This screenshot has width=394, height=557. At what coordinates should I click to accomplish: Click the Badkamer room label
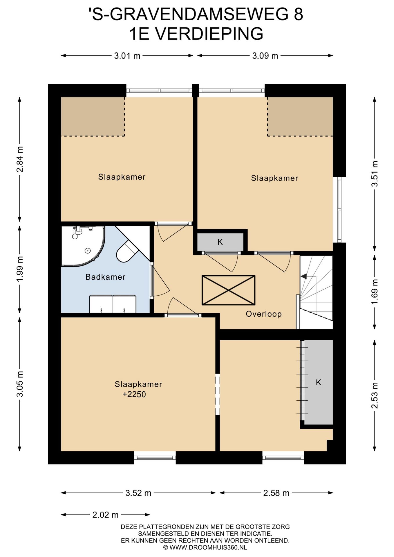[105, 277]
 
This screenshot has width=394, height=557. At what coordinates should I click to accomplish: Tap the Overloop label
[264, 314]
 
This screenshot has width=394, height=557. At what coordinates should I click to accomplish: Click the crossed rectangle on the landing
[229, 290]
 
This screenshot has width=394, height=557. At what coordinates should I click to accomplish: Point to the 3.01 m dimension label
[127, 56]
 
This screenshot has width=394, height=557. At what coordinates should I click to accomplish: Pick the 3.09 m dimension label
[265, 56]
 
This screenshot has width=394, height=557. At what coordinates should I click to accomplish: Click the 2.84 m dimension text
[20, 159]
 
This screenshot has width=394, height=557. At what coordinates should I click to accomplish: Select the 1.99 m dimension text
[20, 269]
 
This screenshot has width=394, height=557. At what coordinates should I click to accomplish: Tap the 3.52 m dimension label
[138, 493]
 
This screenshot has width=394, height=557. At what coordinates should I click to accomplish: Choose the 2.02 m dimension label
[105, 515]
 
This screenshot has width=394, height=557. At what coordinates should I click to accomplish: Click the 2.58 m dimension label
[276, 493]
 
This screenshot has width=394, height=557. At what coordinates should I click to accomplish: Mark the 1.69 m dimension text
[375, 292]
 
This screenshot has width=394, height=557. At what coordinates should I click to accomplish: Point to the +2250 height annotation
[134, 394]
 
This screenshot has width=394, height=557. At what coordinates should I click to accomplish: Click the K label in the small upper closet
[220, 242]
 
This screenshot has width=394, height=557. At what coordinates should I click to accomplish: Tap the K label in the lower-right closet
[319, 382]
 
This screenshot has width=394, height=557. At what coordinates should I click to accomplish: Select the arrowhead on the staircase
[303, 276]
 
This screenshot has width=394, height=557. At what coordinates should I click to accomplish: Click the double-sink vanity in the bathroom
[113, 304]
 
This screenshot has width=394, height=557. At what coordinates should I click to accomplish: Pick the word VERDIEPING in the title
[209, 34]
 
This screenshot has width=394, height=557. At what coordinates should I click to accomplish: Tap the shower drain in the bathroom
[88, 250]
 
